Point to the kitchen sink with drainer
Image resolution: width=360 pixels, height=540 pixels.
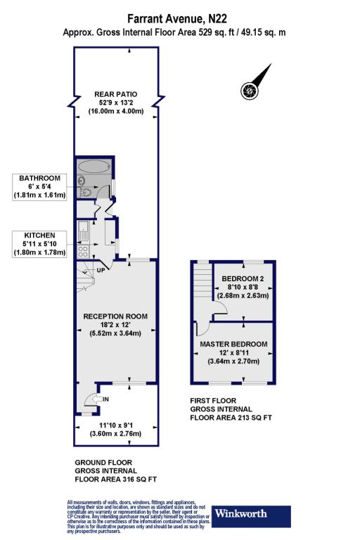pos(82,229)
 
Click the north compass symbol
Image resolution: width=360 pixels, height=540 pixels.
pos(249,90)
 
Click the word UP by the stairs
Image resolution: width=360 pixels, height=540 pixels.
pos(100,270)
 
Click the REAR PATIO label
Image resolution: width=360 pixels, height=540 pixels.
pos(116,94)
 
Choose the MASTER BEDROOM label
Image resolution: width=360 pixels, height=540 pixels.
pos(233,344)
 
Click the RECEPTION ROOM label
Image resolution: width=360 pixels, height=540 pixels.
pos(116,316)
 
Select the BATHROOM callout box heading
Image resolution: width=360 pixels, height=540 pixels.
pos(39,179)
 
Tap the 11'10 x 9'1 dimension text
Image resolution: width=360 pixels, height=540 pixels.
pos(116,425)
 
